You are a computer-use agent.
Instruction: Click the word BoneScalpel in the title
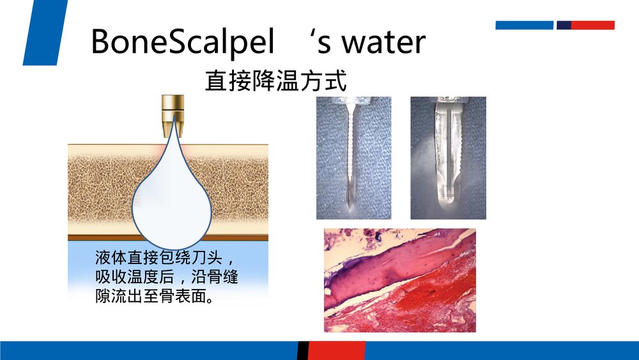click(183, 42)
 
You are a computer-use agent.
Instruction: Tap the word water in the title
click(385, 42)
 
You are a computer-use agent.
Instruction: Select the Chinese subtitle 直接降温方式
click(276, 82)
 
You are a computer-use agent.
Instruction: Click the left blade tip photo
click(353, 158)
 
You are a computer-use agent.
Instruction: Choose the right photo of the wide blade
click(448, 158)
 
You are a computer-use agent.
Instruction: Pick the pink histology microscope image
click(399, 280)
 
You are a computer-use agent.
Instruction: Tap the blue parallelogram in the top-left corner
click(45, 32)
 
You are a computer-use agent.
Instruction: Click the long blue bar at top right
click(524, 26)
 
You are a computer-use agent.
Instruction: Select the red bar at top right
click(592, 26)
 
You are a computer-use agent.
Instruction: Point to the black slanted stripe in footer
click(303, 350)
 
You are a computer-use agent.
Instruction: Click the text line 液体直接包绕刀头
click(166, 259)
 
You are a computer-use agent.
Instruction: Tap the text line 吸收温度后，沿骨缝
click(166, 278)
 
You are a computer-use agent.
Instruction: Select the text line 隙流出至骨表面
click(153, 297)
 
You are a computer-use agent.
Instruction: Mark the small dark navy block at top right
click(564, 26)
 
